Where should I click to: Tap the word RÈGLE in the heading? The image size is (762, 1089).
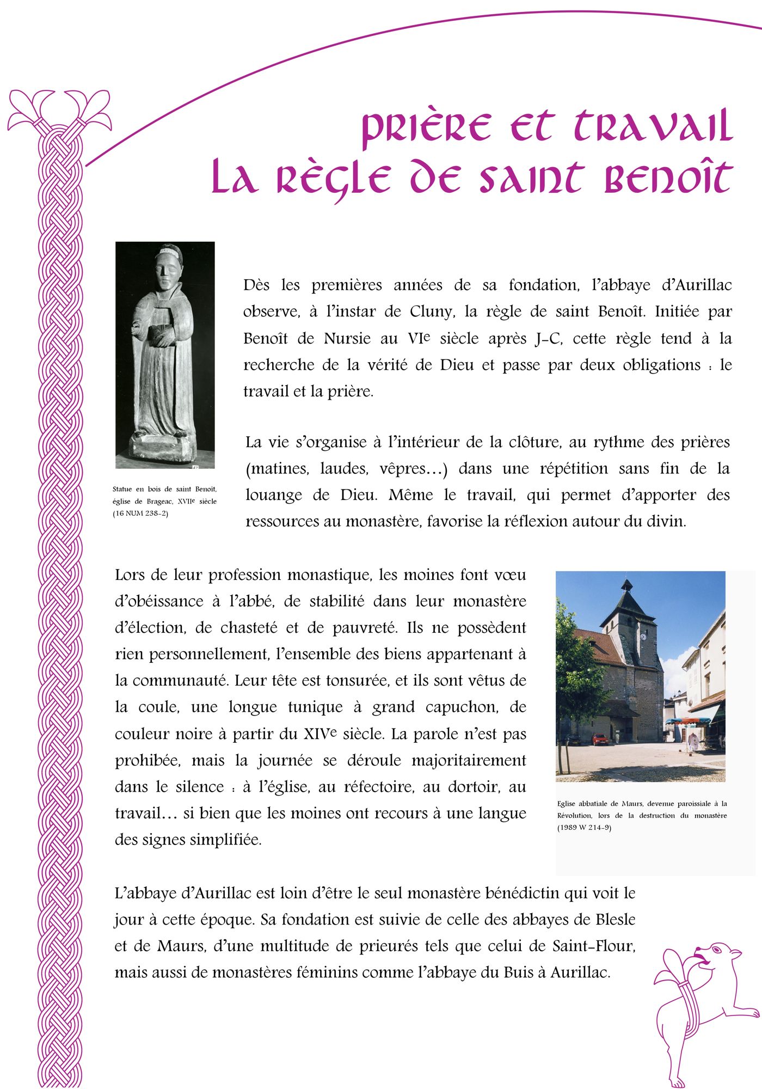[x=333, y=179]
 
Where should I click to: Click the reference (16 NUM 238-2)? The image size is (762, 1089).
[x=140, y=513]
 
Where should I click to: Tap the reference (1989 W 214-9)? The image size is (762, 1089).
[x=584, y=828]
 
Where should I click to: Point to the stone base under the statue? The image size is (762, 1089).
[x=163, y=448]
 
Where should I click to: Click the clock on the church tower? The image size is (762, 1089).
[x=643, y=637]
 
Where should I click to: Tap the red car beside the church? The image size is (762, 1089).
[x=599, y=739]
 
